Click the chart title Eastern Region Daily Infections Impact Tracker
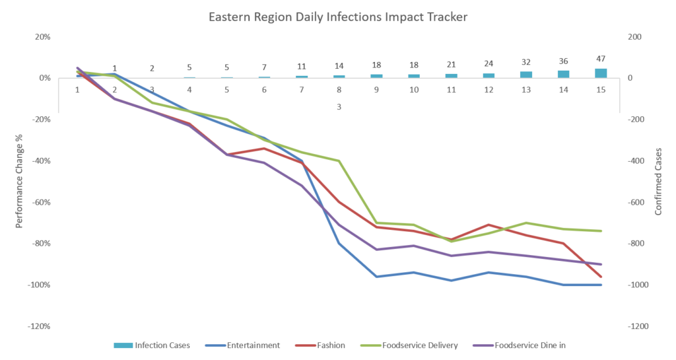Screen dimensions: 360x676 point(338,17)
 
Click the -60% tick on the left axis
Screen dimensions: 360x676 point(42,202)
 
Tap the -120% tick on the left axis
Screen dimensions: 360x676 point(40,326)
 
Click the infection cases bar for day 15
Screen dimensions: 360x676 point(601,73)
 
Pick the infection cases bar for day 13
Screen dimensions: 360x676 point(526,75)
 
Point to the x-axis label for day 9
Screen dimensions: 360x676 point(376,90)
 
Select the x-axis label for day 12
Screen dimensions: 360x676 point(489,90)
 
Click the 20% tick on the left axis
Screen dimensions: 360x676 point(43,37)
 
